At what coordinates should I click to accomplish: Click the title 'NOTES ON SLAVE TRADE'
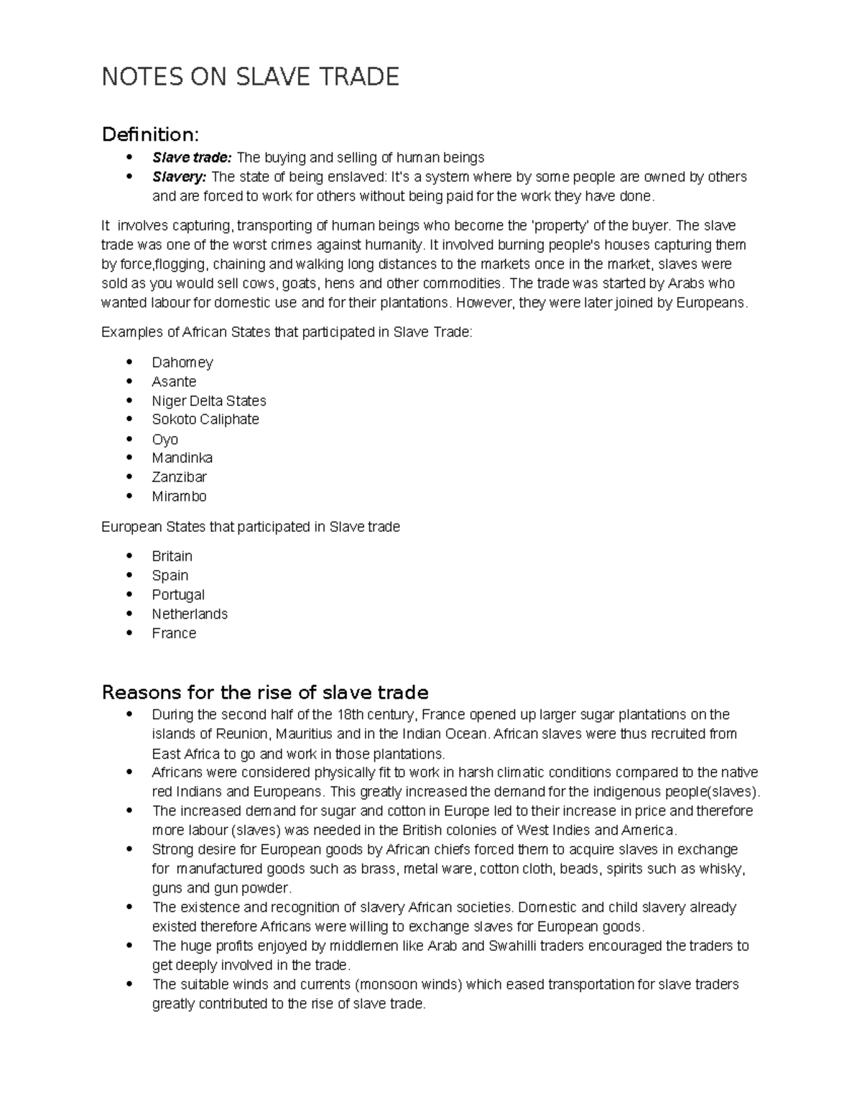point(250,76)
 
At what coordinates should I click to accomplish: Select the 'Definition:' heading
point(150,134)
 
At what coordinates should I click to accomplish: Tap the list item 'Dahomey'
point(182,362)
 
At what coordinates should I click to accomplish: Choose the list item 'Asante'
point(174,382)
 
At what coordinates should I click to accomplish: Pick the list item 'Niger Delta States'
point(208,401)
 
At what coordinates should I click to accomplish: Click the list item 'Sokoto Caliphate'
point(205,420)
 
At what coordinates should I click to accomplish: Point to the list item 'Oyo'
point(164,439)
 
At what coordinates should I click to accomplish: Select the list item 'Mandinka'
point(182,458)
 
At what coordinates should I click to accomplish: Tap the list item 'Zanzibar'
point(179,477)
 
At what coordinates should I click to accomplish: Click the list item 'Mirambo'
point(179,497)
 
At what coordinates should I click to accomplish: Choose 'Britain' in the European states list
point(172,556)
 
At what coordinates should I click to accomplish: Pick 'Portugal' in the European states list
point(177,595)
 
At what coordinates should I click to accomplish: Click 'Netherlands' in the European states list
point(189,614)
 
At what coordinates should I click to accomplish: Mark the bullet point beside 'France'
point(129,633)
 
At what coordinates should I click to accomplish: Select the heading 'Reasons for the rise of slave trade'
point(265,693)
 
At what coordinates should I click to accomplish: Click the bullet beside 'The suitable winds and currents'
point(129,984)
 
